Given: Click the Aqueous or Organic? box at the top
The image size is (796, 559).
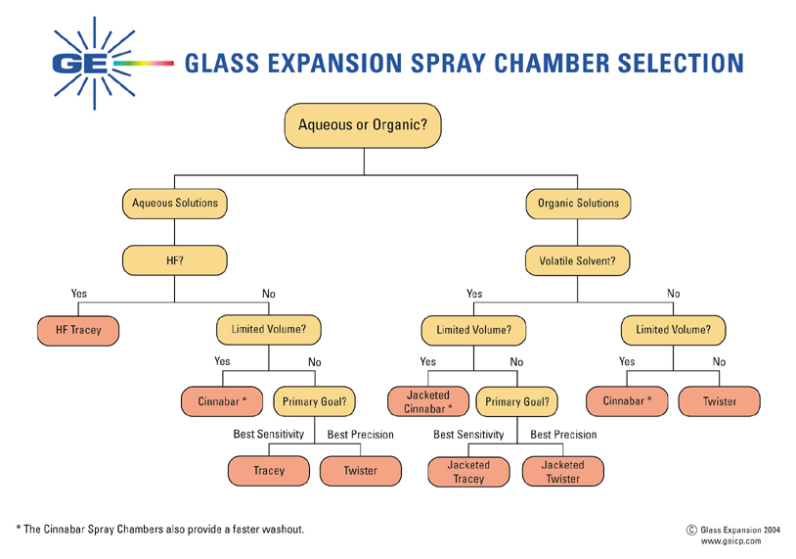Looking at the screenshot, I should click(363, 125).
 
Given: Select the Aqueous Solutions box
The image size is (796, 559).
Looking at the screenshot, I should click(175, 204).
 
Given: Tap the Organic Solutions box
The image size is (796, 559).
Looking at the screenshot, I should click(578, 204).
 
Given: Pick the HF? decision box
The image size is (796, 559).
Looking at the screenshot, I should click(175, 260).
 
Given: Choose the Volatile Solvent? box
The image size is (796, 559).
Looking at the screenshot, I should click(578, 261).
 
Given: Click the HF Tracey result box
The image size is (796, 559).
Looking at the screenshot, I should click(78, 331).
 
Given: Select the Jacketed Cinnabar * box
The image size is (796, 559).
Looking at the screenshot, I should click(429, 401).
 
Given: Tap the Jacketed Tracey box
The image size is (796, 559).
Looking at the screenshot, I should click(468, 472).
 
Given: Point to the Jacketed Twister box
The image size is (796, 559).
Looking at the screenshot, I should click(562, 472).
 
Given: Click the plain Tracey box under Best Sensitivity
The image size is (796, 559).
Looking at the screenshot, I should click(269, 471).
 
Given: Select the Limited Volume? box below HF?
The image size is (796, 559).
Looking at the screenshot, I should click(269, 330).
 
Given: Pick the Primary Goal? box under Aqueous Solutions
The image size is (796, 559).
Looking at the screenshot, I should click(314, 401).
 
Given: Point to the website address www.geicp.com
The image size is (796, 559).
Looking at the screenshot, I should click(731, 540).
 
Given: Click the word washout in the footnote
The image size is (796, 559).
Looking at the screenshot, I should click(285, 530).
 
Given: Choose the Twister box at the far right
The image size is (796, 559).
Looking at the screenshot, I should click(720, 401).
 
